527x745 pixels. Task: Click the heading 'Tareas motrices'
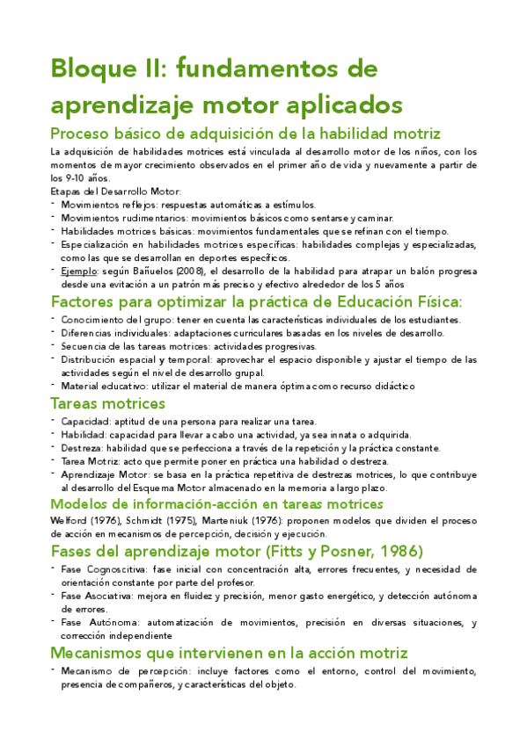108,403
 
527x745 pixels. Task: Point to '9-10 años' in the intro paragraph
83,177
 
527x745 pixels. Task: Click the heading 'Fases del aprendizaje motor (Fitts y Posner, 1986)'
237,551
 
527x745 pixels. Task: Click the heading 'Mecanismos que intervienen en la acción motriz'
229,653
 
